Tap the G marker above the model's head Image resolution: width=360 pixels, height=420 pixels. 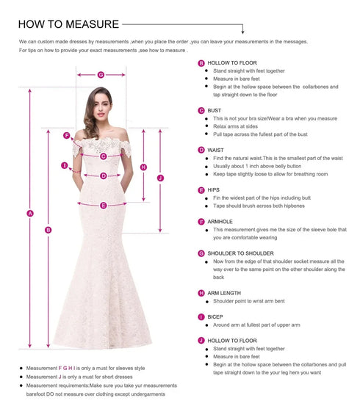coord(101,74)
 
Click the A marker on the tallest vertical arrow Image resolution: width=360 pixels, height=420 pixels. coord(30,214)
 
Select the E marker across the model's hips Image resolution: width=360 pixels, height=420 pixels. coord(103,206)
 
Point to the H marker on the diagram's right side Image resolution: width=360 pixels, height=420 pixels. coord(143,167)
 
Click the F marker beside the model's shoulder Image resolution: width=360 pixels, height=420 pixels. coord(67,136)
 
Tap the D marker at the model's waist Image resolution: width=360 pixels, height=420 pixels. coord(104,175)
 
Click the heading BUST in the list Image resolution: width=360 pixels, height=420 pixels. coord(215,110)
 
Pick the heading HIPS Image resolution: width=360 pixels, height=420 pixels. coord(214,189)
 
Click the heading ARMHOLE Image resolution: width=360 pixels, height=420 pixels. coord(220,221)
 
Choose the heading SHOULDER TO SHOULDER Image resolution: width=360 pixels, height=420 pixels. coord(240,253)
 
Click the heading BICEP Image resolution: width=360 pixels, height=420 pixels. coord(215,316)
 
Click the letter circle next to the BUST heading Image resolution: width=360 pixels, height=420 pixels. coord(201,110)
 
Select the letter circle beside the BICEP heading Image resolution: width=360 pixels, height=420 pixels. coord(201,316)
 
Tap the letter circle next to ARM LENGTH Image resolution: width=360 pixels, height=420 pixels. coord(201,293)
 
